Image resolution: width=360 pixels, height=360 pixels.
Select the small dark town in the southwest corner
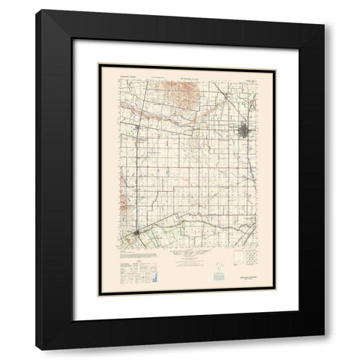(x=133, y=238)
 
